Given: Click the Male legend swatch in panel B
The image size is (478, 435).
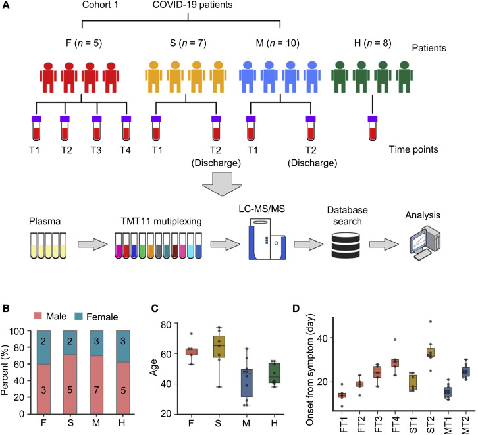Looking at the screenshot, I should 36,317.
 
